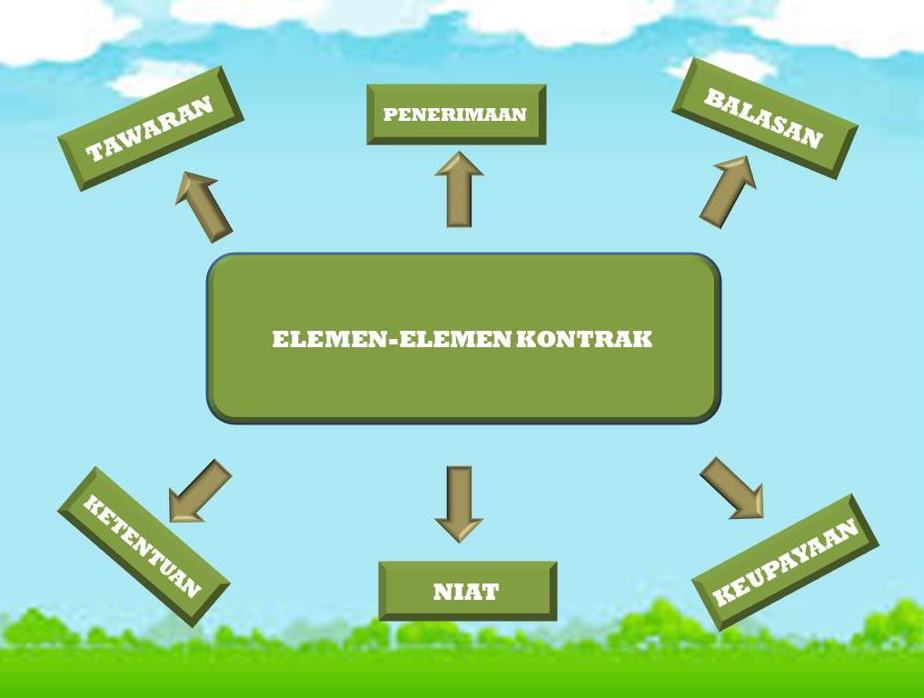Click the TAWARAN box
(x=150, y=128)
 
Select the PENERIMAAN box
(x=455, y=115)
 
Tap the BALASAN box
(x=764, y=119)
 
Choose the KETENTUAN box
(x=143, y=545)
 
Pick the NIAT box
(x=466, y=592)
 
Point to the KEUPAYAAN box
(x=785, y=563)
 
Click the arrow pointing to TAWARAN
(x=204, y=205)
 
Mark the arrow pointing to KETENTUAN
(x=199, y=491)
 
